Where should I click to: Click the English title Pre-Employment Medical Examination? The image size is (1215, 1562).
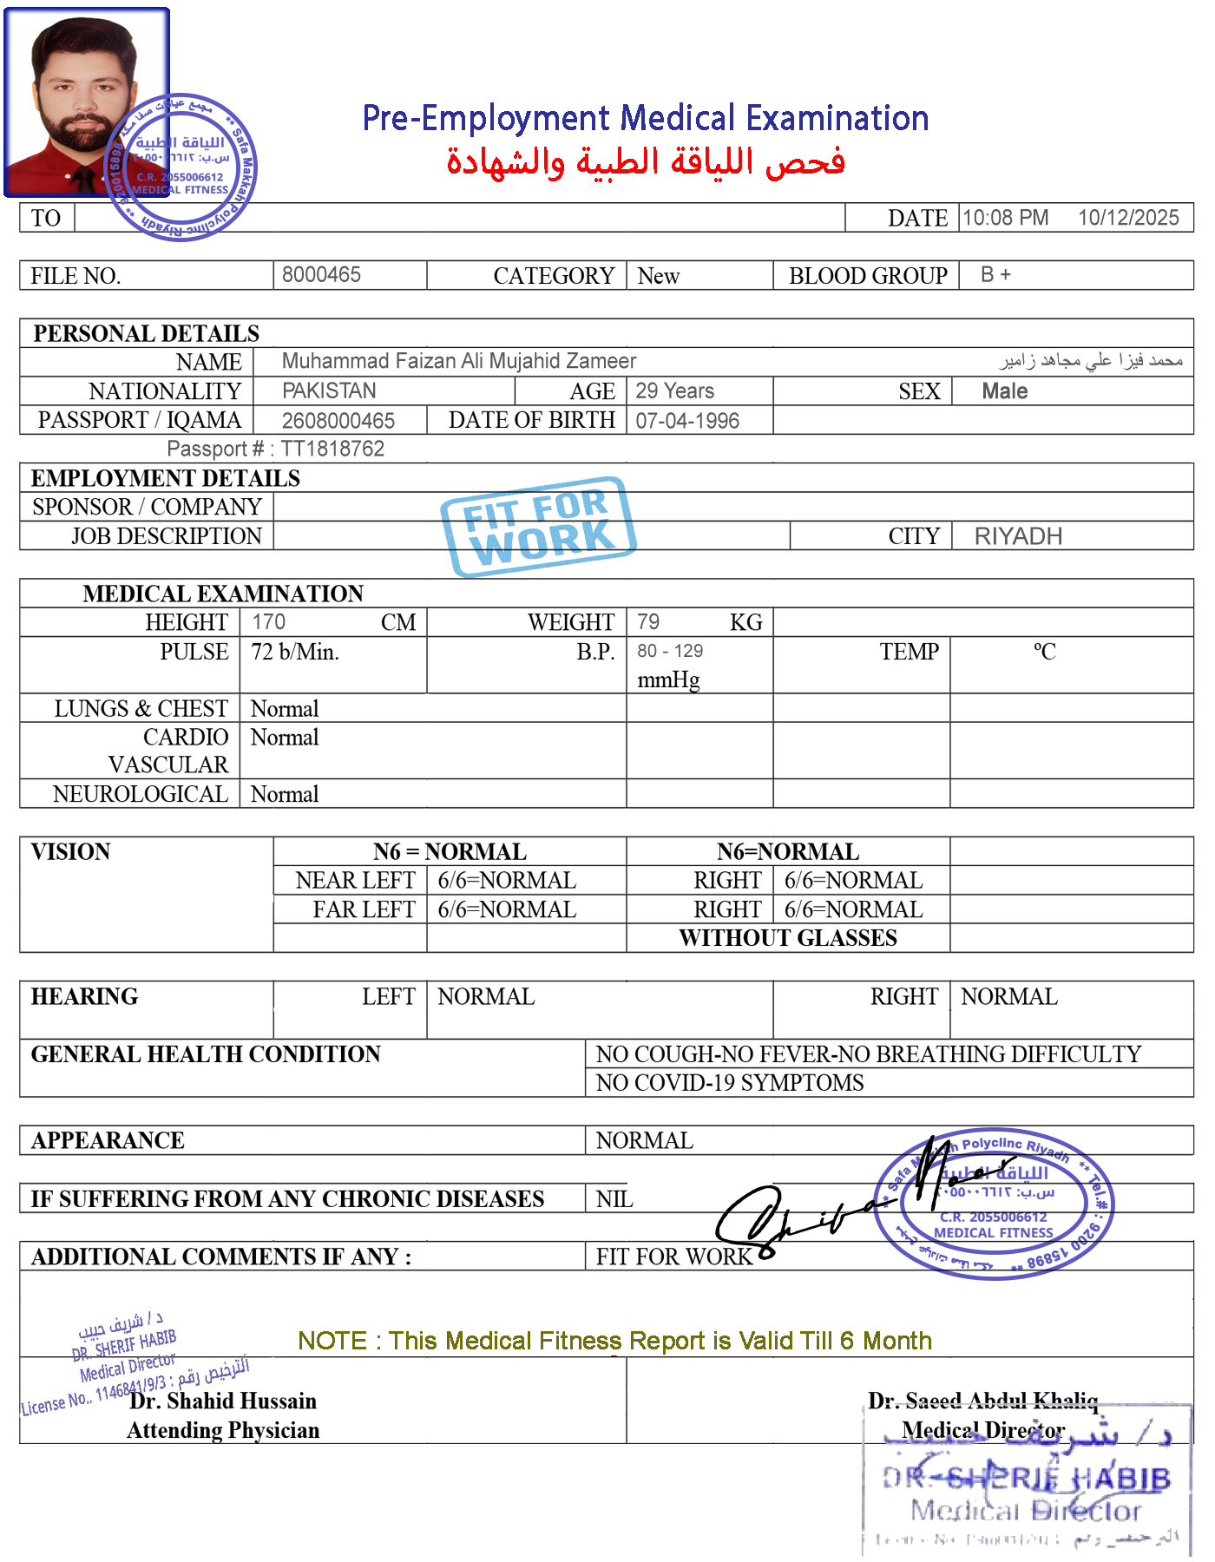(646, 119)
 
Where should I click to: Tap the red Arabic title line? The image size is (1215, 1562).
(646, 162)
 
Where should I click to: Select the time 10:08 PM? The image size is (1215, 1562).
(1006, 218)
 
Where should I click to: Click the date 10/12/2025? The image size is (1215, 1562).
(1127, 218)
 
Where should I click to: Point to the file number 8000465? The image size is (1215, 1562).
(321, 275)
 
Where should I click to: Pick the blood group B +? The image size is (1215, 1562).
(995, 275)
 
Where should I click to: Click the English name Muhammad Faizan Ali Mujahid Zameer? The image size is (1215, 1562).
(459, 361)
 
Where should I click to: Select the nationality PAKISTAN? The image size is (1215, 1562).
(329, 390)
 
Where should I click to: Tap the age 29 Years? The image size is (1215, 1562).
(674, 390)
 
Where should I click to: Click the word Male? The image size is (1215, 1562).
(1004, 391)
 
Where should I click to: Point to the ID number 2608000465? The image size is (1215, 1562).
(338, 421)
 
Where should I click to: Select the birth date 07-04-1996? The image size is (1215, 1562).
(687, 421)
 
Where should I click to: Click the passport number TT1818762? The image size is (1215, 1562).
(332, 449)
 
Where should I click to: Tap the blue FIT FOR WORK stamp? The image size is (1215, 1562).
(539, 526)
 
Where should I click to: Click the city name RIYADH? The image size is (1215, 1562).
(1018, 536)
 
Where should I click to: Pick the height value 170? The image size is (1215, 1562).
(268, 622)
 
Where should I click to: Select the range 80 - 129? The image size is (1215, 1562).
(670, 652)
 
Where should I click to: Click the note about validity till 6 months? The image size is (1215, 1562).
(614, 1341)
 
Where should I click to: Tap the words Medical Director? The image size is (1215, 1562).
(983, 1430)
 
